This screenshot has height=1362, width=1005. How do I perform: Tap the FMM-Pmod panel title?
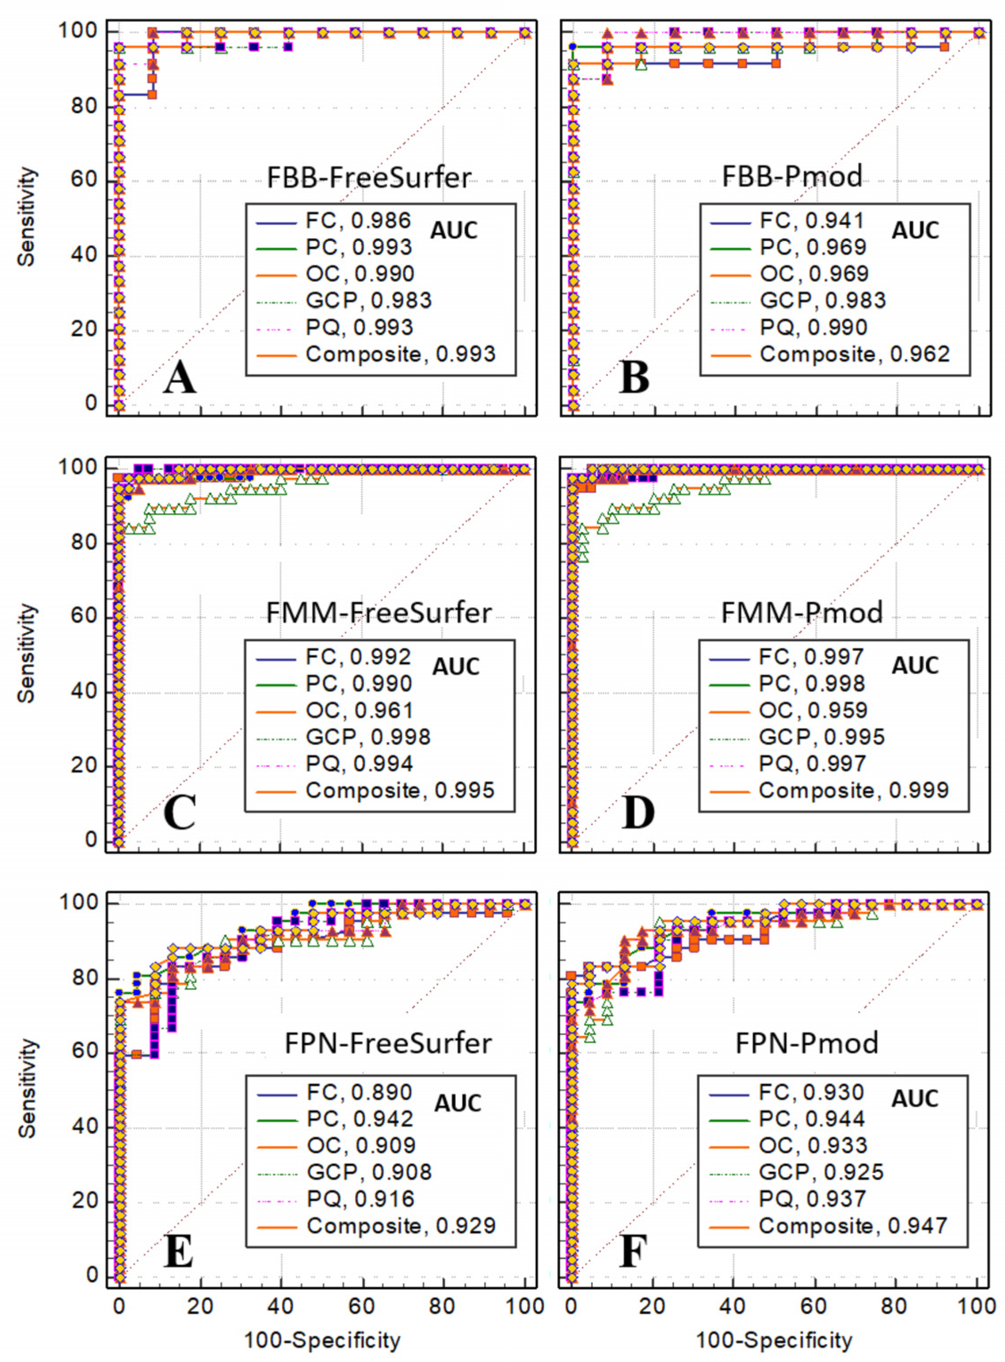pos(802,612)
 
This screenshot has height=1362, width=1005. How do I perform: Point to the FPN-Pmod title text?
pos(807,1043)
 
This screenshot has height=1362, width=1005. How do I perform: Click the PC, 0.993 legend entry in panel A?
pos(359,247)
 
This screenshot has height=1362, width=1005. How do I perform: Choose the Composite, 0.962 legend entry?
pos(854,354)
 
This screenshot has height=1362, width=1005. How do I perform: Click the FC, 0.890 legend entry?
pos(359,1092)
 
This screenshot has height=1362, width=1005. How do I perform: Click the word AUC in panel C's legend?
pos(456,667)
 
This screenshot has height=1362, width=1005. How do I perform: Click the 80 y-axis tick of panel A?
pos(89,106)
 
